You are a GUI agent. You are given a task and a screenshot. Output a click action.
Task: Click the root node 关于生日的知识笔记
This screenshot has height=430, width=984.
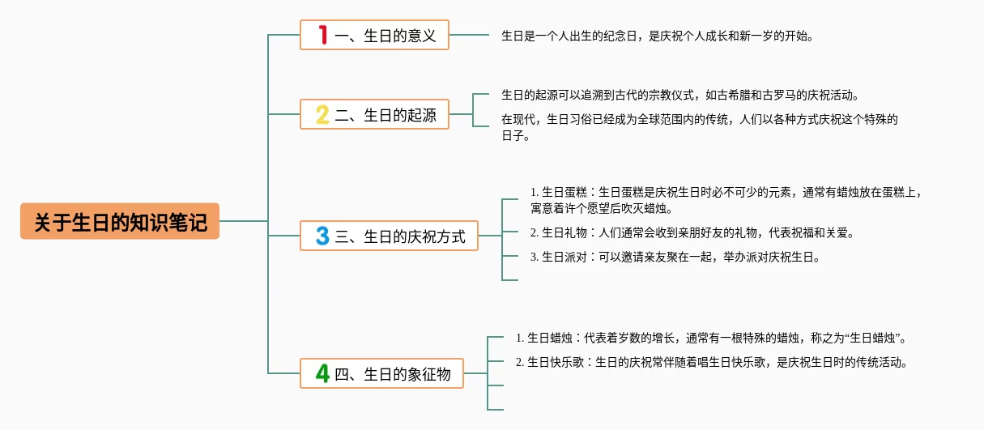pos(120,221)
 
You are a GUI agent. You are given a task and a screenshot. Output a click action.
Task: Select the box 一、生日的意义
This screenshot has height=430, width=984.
pos(374,35)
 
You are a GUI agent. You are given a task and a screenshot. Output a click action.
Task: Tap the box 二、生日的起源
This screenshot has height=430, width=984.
pos(374,115)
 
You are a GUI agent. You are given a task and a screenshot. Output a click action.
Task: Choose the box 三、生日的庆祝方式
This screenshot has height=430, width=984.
pos(389,236)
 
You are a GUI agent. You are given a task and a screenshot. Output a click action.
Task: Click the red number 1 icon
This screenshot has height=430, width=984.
pos(322,35)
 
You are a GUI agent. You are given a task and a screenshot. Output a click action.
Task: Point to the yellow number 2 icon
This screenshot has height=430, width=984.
pos(322,115)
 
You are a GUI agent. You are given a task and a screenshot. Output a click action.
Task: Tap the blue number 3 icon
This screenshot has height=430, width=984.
pos(322,236)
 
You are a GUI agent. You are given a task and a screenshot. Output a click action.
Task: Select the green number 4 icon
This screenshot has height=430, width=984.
pos(322,374)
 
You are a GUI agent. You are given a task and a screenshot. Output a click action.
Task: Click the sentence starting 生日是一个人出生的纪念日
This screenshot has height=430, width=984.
pos(657,36)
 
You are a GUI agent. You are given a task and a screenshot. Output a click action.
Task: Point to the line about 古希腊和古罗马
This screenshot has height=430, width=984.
pos(679,95)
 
